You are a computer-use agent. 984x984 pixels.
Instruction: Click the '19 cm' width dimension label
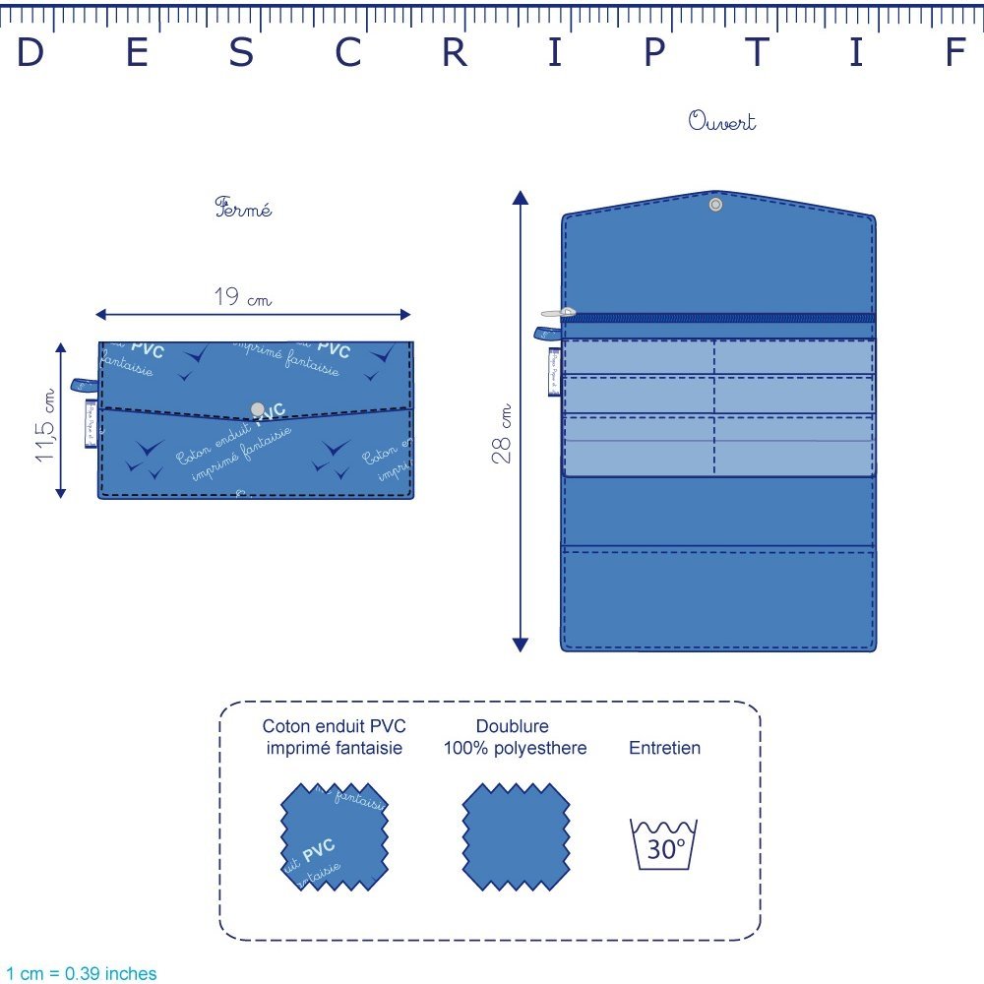(x=242, y=296)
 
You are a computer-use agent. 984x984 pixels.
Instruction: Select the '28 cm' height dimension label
(x=503, y=434)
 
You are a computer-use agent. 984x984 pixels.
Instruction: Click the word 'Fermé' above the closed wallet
(x=243, y=209)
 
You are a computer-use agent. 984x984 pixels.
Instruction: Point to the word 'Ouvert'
(x=722, y=122)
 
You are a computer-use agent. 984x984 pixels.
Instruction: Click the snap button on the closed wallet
(x=258, y=408)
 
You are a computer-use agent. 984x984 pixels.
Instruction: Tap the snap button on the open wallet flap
(x=715, y=205)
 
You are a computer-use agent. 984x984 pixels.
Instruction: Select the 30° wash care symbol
(x=664, y=843)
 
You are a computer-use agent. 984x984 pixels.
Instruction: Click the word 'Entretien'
(x=665, y=748)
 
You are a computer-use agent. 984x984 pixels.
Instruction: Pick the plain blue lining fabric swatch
(x=517, y=836)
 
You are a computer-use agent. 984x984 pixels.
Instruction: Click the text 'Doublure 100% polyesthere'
(x=517, y=737)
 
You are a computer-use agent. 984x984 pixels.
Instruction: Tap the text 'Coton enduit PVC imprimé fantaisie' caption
(x=334, y=737)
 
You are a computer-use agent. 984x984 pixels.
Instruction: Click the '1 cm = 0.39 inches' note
(x=80, y=973)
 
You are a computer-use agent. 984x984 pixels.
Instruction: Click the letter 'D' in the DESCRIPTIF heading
(x=31, y=53)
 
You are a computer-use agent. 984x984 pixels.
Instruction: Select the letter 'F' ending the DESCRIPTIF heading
(x=954, y=53)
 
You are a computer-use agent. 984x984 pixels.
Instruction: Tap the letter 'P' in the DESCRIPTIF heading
(x=654, y=53)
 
